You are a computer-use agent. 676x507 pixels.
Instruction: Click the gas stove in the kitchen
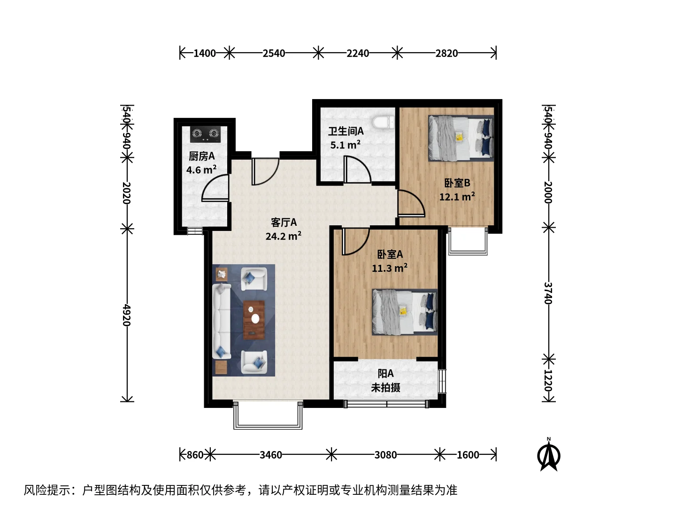click(205, 134)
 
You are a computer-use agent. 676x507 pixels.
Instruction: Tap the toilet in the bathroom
click(383, 123)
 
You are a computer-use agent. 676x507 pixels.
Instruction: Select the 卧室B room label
click(457, 183)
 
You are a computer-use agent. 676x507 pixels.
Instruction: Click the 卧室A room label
click(390, 254)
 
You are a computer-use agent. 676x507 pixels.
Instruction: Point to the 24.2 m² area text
click(284, 236)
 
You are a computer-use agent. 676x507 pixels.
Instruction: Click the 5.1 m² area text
click(345, 145)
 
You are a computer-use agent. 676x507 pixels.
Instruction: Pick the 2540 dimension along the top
click(274, 53)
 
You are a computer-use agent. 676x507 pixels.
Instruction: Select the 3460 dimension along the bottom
click(271, 455)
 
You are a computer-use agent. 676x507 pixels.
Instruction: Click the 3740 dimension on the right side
click(548, 293)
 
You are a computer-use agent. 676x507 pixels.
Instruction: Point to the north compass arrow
click(549, 454)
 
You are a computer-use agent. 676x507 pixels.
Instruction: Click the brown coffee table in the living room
click(254, 320)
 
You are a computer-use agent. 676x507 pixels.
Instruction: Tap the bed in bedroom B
click(461, 138)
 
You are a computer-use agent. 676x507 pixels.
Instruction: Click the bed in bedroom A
click(405, 312)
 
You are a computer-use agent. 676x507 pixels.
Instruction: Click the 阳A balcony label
click(385, 374)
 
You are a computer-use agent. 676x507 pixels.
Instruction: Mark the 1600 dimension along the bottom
click(468, 455)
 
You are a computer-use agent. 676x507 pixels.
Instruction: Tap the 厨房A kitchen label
click(202, 156)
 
